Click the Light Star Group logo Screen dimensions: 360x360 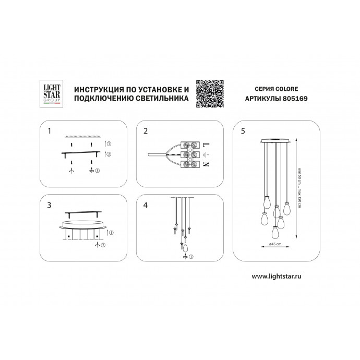[52, 94]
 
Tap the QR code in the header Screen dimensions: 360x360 [210, 94]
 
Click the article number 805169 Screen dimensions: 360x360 [295, 99]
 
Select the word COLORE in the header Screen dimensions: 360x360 [286, 89]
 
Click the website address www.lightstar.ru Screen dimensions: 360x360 [277, 276]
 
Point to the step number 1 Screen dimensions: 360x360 [49, 131]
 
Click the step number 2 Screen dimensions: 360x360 [146, 131]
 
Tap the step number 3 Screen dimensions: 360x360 [49, 205]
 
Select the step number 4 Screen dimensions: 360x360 [146, 205]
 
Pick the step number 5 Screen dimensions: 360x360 [243, 131]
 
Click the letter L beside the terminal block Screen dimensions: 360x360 [207, 145]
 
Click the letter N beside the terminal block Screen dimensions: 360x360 [206, 164]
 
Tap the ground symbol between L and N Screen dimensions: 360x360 [207, 155]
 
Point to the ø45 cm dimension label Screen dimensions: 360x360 [275, 244]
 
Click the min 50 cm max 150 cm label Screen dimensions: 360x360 [299, 188]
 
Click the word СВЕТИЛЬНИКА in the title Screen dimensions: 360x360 [162, 98]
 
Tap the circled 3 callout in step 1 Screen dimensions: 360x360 [98, 171]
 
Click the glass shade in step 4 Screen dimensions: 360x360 [185, 248]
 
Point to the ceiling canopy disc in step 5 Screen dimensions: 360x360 [275, 140]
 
